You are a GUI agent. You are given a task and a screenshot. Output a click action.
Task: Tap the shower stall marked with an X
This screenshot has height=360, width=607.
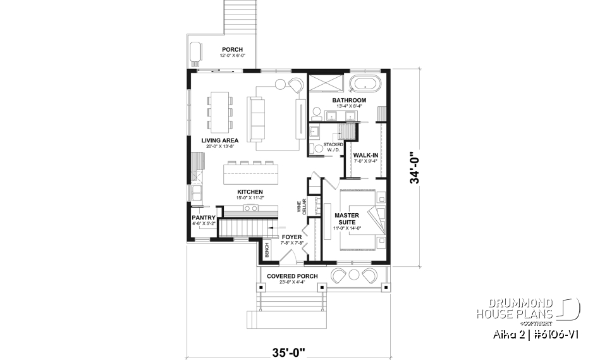324,84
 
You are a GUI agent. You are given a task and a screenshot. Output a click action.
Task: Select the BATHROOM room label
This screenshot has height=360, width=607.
349,101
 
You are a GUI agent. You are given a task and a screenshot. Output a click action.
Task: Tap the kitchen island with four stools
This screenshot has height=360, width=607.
254,171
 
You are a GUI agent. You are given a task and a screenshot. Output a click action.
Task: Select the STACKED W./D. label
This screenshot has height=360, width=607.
333,147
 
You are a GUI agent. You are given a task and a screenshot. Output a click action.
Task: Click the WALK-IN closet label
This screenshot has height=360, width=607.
365,155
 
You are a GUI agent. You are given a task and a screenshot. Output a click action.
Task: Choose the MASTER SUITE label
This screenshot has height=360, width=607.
346,219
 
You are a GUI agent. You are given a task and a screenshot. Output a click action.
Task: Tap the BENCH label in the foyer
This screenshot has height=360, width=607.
267,250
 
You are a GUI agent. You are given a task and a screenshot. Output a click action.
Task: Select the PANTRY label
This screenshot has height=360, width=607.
204,218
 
